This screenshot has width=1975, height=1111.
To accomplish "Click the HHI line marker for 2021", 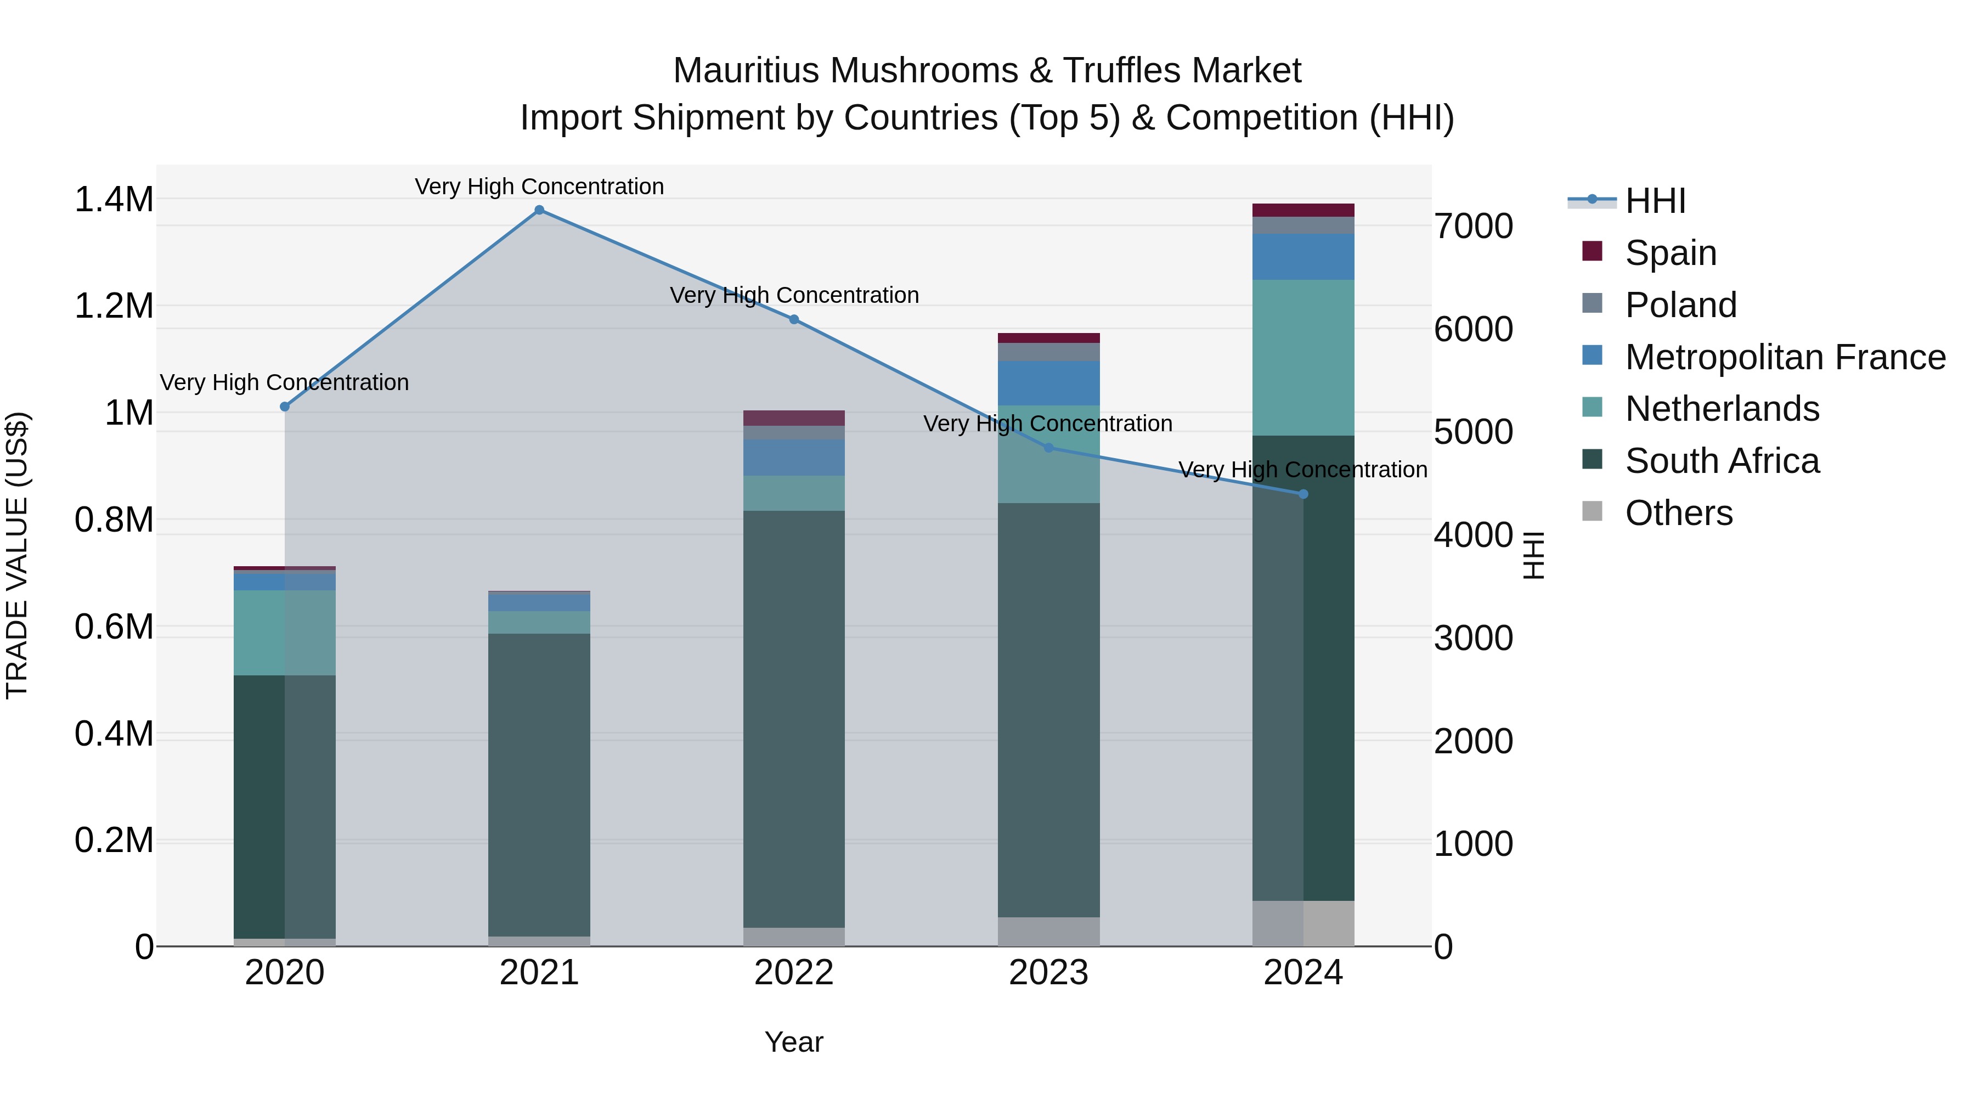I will pyautogui.click(x=539, y=210).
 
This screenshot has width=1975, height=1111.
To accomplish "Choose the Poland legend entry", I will pyautogui.click(x=1680, y=305).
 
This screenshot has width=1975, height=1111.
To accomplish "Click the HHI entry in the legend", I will pyautogui.click(x=1655, y=201).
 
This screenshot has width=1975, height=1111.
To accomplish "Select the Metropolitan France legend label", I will pyautogui.click(x=1785, y=357).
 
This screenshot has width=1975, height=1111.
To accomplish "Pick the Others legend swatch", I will pyautogui.click(x=1593, y=511).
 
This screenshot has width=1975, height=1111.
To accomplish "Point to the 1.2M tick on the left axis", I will pyautogui.click(x=114, y=307).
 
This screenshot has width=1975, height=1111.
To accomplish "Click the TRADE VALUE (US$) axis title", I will pyautogui.click(x=17, y=555).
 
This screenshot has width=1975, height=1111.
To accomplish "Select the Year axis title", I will pyautogui.click(x=793, y=1042).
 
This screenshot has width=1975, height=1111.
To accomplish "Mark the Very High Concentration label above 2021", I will pyautogui.click(x=539, y=187).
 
